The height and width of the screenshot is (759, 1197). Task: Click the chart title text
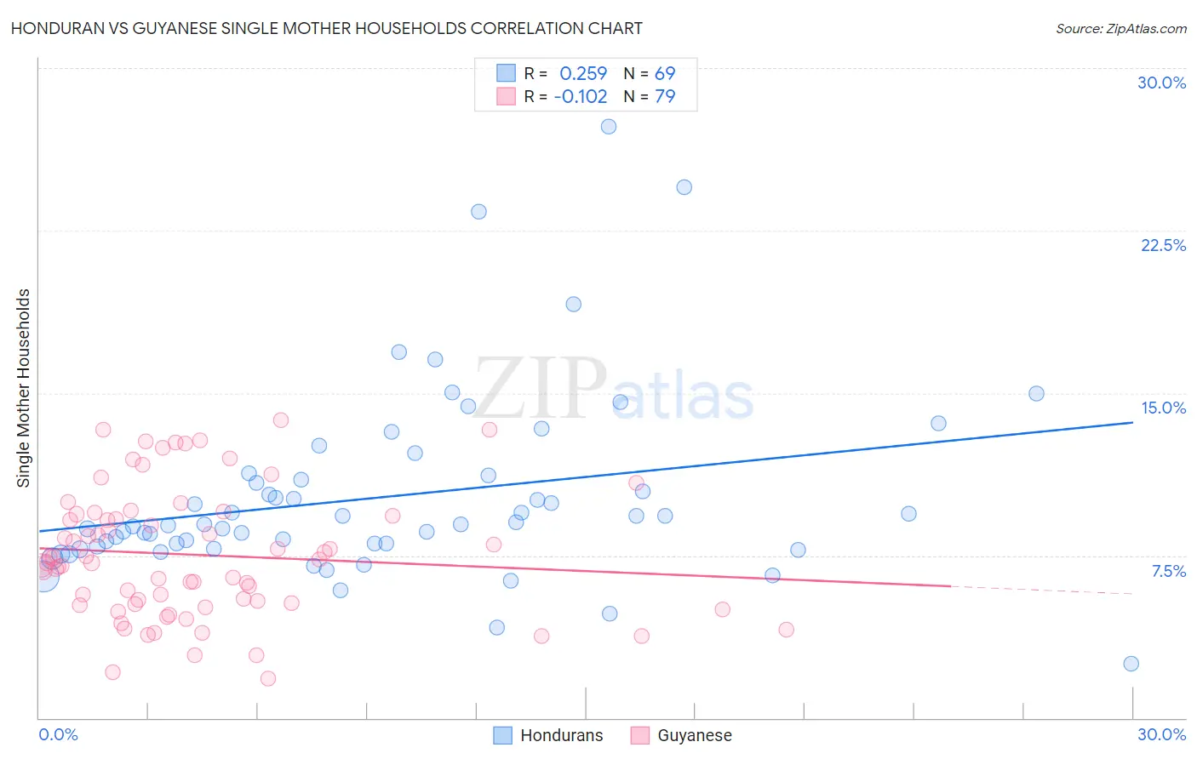coord(327,28)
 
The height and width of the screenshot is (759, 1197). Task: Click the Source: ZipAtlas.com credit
coord(1120,28)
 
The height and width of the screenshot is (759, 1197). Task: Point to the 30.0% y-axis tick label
coord(1161,83)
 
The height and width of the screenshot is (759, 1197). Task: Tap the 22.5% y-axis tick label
coord(1163,245)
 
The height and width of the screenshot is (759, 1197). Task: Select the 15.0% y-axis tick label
coord(1163,408)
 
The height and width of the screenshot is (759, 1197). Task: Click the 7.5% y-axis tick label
coord(1168,571)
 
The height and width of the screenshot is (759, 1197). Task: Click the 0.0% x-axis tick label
coord(58,734)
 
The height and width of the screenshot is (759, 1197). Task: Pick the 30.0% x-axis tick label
coord(1161,734)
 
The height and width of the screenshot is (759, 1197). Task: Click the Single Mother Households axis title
coord(24,388)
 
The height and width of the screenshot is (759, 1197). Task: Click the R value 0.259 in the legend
coord(583,73)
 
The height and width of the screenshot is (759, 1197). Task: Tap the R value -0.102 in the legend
coord(581,96)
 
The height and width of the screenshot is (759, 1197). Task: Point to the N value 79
coord(665,96)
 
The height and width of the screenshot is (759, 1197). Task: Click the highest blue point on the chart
coord(609,127)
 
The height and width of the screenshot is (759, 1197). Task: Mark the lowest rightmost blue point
coord(1131,664)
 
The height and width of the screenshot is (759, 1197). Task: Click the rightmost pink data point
coord(786,630)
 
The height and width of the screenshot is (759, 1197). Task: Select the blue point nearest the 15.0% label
coord(1036,393)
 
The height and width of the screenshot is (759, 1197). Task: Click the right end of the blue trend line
coord(1132,422)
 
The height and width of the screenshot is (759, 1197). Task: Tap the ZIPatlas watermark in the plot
coord(613,390)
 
